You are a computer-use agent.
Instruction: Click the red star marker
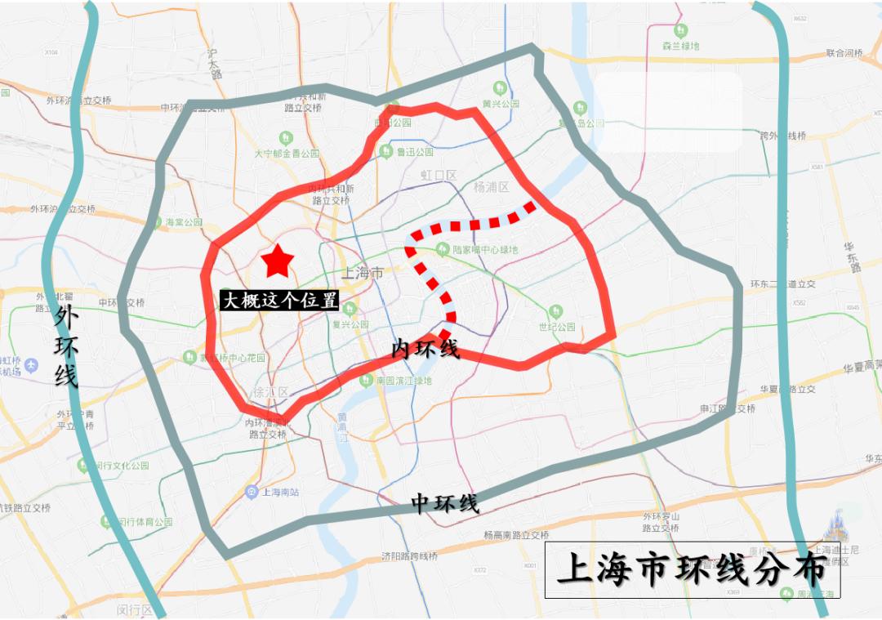click(x=278, y=261)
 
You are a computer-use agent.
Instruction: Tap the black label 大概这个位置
click(x=280, y=300)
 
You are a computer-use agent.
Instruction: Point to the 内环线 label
click(x=425, y=350)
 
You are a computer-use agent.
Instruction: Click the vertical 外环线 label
click(x=65, y=346)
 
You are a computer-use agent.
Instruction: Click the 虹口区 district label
click(x=438, y=175)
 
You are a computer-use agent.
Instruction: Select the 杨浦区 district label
click(x=491, y=187)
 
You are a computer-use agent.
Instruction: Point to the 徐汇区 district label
click(x=271, y=392)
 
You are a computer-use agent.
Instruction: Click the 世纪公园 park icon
click(x=556, y=311)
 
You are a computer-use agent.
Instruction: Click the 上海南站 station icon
click(x=251, y=492)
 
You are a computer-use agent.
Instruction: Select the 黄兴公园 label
click(x=501, y=104)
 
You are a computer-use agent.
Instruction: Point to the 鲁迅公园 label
click(x=415, y=152)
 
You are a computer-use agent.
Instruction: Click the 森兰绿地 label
click(x=681, y=46)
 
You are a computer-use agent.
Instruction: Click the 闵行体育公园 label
click(x=145, y=522)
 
